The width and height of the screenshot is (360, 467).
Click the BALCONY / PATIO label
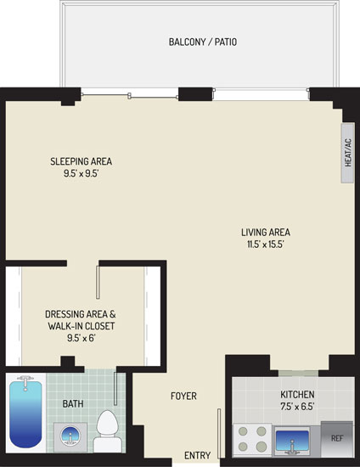pos(203,42)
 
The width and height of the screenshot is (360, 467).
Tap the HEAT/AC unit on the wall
pos(348,153)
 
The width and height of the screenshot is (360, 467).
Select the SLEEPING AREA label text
pos(81,161)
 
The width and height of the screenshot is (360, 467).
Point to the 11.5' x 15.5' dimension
pos(266,245)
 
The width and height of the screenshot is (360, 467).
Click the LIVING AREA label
pos(266,233)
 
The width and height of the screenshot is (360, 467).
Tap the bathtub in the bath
pos(25,413)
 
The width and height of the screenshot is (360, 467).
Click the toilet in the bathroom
pos(107,431)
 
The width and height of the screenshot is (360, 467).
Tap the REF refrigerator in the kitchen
pos(337,439)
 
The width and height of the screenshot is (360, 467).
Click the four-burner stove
pos(252,440)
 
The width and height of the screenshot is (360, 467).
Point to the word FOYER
pos(183,396)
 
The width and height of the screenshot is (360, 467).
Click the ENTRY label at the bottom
pos(198,455)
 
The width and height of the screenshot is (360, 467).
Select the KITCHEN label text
pos(297,394)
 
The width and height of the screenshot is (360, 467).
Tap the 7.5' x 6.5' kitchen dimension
pos(297,406)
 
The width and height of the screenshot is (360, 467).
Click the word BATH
pos(73,403)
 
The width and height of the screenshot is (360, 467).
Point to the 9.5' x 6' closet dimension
pos(81,338)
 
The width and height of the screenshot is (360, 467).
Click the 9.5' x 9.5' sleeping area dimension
pos(81,173)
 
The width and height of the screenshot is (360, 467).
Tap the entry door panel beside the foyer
pos(219,433)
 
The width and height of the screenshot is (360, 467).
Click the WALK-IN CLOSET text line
pos(81,326)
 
